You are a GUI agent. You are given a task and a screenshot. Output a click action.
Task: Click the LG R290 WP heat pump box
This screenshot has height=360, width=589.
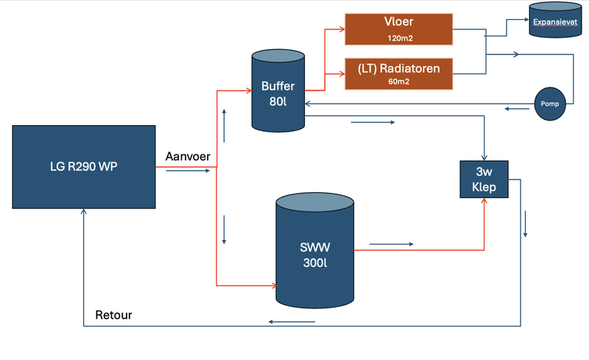tap(85, 166)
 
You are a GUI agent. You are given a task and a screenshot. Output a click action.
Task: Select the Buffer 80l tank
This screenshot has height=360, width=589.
tap(278, 92)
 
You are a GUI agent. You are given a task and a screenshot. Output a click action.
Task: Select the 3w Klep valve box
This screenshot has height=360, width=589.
tap(484, 179)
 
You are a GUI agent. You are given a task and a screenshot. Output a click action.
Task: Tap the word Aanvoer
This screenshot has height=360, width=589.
tap(188, 158)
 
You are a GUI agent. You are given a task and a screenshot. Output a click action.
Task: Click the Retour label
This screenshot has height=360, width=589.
tap(114, 316)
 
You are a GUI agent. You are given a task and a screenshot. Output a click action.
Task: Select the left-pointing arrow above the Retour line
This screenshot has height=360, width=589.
tap(292, 321)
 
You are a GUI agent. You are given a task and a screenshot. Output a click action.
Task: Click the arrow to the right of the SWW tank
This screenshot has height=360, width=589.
tap(392, 243)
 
